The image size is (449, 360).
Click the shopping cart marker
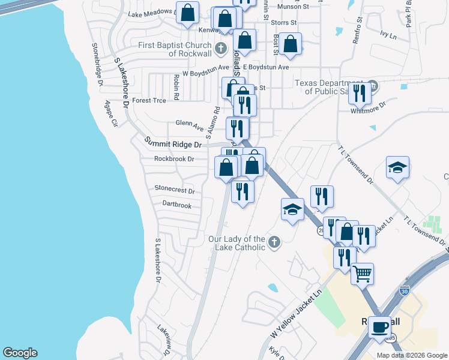[362, 274]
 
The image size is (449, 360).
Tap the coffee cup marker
[379, 327]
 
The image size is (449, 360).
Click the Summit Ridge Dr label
[173, 144]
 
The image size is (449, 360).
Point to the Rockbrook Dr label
[174, 159]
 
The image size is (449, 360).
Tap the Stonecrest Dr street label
[175, 191]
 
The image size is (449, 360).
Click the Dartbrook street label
[176, 205]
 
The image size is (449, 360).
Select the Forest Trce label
[149, 100]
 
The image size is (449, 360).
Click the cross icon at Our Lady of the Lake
[274, 242]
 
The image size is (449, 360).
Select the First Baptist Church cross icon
[220, 47]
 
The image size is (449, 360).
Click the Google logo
[20, 353]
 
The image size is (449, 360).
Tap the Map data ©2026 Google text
[411, 355]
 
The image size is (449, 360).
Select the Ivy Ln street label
[388, 36]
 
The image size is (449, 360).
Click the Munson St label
[292, 6]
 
